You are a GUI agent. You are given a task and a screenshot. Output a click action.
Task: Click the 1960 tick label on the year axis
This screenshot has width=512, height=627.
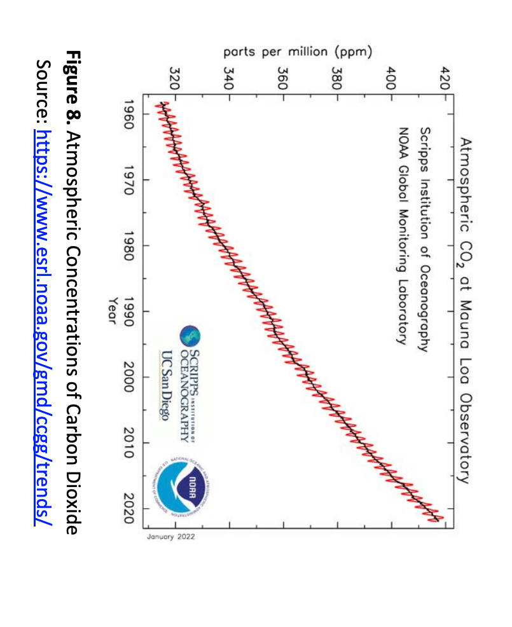[x=130, y=114]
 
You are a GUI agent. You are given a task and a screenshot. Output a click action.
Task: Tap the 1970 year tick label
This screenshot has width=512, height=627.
[x=130, y=180]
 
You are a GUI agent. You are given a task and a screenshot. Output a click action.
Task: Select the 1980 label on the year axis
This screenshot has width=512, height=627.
[x=130, y=245]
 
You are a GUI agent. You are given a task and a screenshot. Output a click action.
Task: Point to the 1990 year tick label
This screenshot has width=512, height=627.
[x=130, y=312]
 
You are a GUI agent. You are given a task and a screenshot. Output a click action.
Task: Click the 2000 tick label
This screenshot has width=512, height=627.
[x=130, y=377]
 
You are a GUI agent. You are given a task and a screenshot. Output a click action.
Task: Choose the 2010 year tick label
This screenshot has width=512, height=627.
[x=130, y=443]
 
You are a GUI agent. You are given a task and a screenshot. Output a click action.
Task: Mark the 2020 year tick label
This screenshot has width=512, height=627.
[x=130, y=508]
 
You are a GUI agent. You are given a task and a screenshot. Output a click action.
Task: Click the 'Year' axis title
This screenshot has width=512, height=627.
[x=113, y=312]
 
